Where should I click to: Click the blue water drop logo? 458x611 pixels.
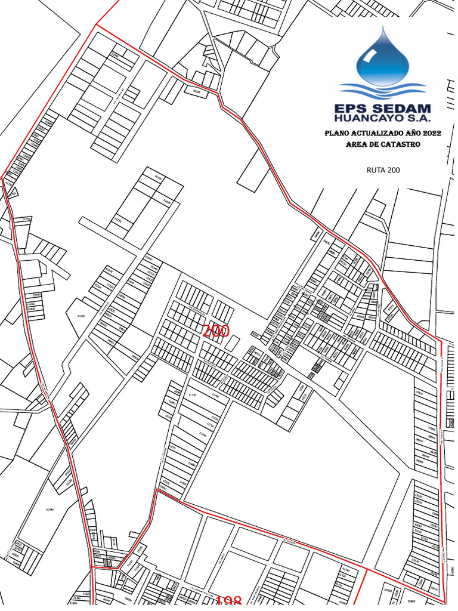pos(382,57)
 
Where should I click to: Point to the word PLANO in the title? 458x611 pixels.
pos(339,134)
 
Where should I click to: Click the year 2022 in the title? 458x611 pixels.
pos(431,134)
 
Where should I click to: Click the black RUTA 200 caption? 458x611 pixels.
pos(383,170)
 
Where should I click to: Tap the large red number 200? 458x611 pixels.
pos(216,331)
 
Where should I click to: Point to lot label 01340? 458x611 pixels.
pos(50,510)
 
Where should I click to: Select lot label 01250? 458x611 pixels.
pos(81,316)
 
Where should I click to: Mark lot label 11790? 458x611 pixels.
pos(192,396)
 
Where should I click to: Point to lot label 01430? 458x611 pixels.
pos(38,294)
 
